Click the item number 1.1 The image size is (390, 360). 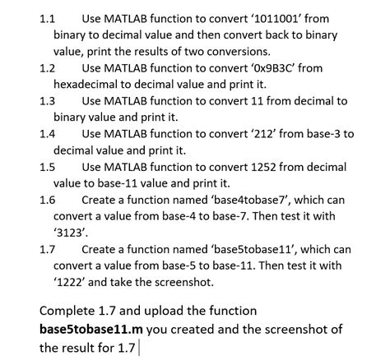47,17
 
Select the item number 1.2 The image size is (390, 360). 47,67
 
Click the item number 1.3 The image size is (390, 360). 47,101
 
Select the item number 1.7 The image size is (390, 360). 47,249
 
